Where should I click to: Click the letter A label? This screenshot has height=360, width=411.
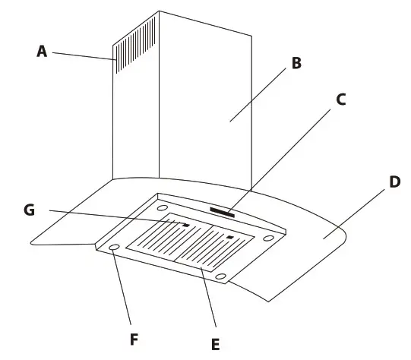point(42,51)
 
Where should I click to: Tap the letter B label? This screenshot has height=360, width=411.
point(296,63)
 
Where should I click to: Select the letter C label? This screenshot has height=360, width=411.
point(340,99)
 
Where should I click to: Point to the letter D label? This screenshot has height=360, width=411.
point(394,184)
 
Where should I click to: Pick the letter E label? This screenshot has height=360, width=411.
point(215,344)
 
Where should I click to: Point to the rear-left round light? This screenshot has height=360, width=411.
point(163,207)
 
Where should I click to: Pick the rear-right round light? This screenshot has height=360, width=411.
point(268,238)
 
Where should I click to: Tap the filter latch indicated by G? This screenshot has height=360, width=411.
point(185,226)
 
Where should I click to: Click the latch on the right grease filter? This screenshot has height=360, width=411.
point(229,238)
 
